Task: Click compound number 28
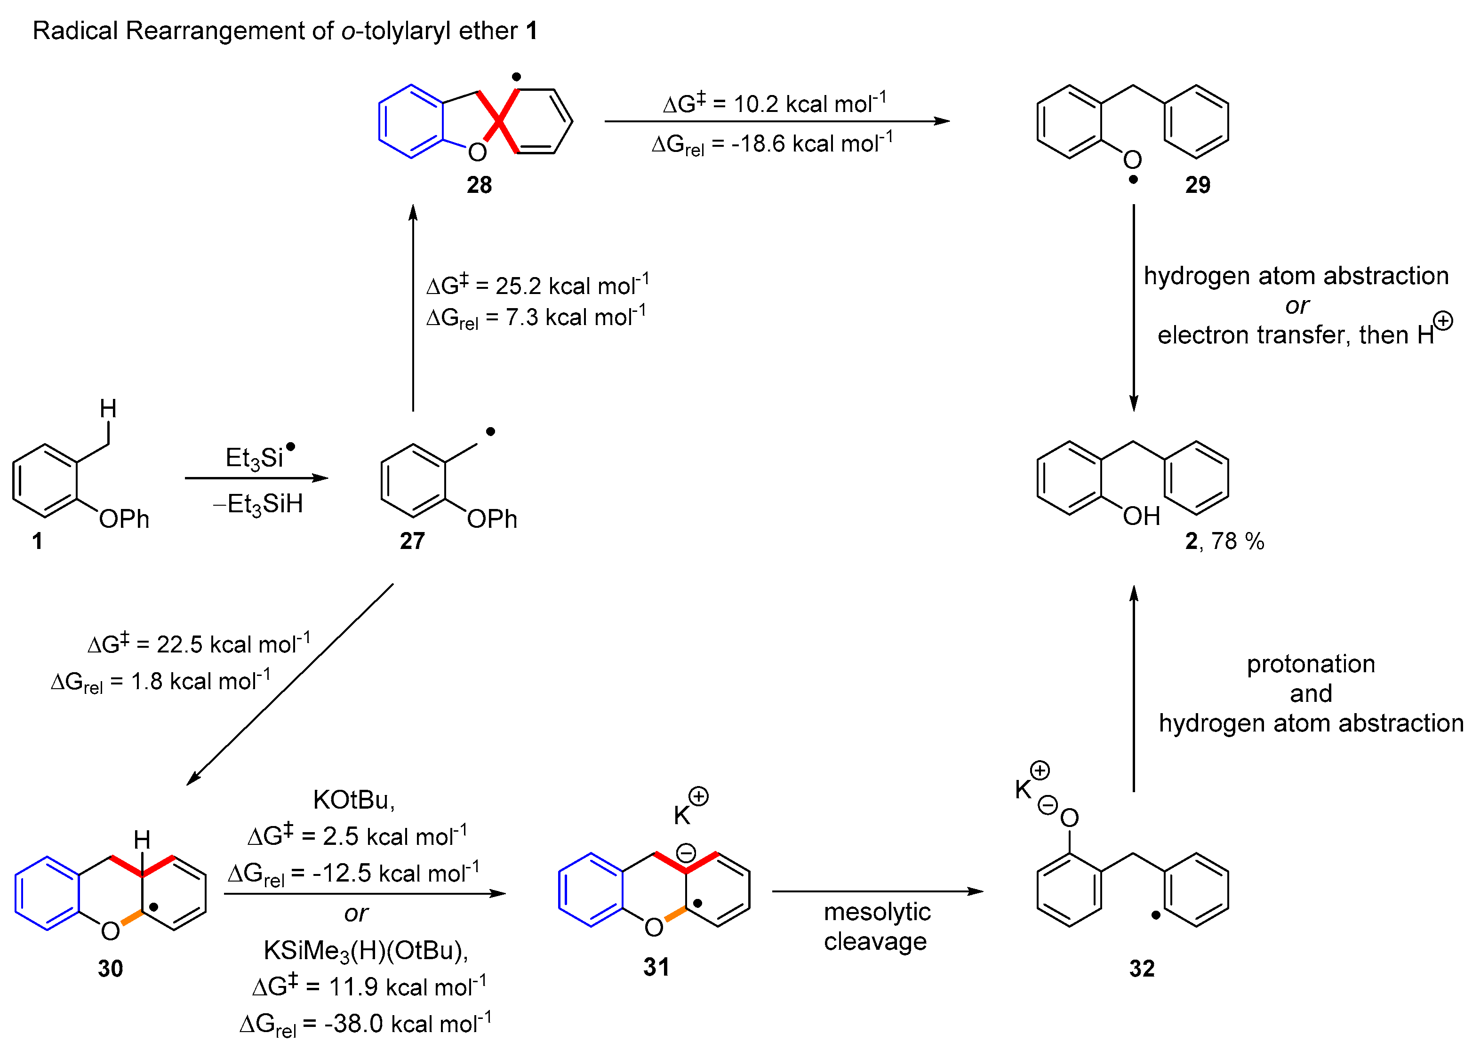pos(479,185)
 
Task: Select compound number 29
pos(1198,185)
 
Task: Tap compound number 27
pos(412,540)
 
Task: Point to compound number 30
pos(110,968)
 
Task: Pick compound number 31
pos(656,967)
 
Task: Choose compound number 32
pos(1142,968)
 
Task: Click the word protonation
pos(1311,664)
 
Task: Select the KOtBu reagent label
pos(354,800)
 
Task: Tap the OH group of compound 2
pos(1141,517)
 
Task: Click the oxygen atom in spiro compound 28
pos(477,152)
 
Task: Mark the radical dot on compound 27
pos(491,431)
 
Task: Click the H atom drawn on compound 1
pos(108,409)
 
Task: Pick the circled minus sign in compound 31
pos(686,852)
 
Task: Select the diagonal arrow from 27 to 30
pos(290,684)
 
